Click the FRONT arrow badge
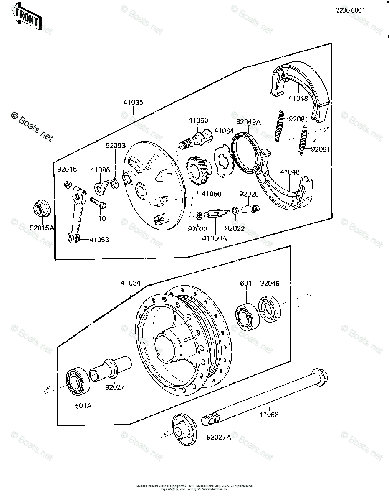pos(27,16)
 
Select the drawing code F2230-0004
pos(349,11)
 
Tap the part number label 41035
pos(133,102)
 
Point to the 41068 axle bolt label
pos(268,415)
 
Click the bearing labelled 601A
pos(78,381)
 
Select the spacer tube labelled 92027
pos(109,367)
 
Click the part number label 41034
pos(131,283)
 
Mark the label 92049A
pos(248,122)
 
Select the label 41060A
pos(215,238)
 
